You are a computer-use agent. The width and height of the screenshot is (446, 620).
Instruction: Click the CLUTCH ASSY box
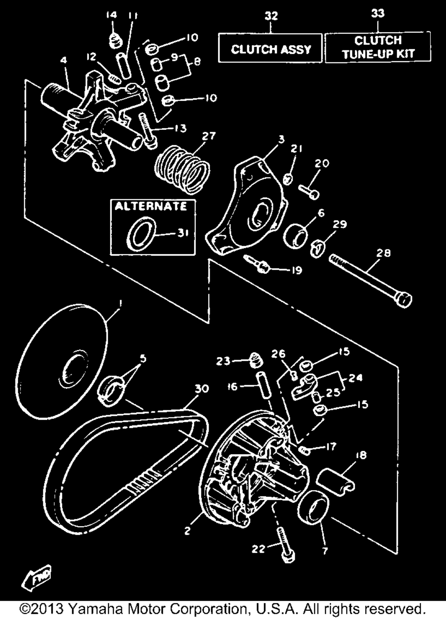[x=270, y=48]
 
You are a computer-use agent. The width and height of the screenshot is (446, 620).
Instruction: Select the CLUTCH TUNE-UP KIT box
[x=378, y=47]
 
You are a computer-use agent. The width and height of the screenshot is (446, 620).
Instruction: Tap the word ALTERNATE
[x=151, y=207]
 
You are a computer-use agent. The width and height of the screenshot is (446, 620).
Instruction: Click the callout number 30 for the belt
[x=202, y=389]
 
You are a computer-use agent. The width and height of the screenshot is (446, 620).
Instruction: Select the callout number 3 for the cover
[x=281, y=140]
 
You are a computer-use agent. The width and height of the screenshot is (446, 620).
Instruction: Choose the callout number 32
[x=271, y=16]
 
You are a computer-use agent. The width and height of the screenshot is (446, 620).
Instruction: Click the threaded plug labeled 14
[x=115, y=41]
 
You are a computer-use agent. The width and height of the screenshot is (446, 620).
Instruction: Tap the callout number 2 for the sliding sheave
[x=187, y=531]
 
